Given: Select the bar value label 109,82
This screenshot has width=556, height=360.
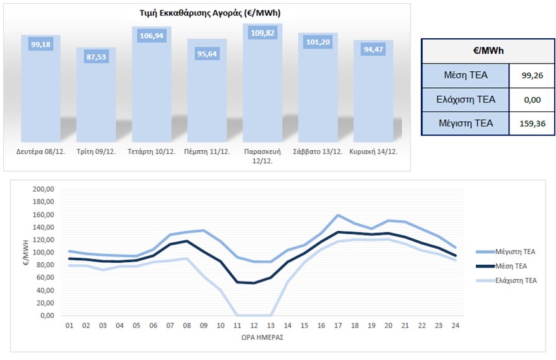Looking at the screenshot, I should click(x=263, y=32).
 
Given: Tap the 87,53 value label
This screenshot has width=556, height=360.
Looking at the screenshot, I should click(x=96, y=58).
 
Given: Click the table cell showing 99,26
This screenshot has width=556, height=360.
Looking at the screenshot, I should click(x=531, y=76).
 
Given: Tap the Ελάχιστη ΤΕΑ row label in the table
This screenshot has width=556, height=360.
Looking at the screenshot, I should click(x=465, y=99).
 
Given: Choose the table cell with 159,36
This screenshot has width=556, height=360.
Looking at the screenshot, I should click(x=531, y=122).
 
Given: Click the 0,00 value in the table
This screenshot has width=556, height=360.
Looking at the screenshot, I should click(x=531, y=99).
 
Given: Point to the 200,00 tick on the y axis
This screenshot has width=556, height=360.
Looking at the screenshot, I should click(x=42, y=190).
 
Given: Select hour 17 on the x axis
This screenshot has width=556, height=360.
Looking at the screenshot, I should click(x=338, y=326).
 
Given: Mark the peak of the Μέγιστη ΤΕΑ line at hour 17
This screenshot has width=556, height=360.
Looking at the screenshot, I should click(x=338, y=215).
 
